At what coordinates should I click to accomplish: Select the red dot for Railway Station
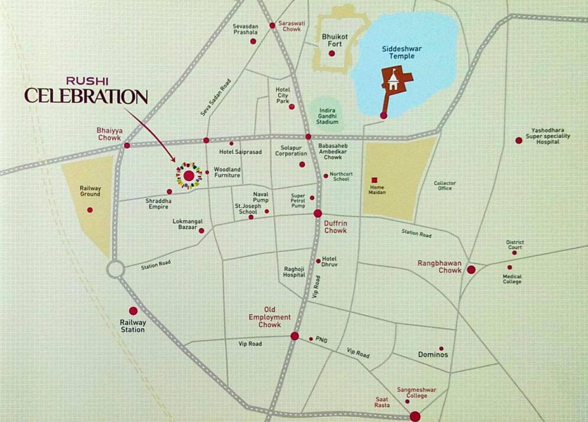133,311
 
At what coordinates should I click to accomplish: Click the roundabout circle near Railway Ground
116,269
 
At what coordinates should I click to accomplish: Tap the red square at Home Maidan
374,180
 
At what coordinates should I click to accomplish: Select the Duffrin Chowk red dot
317,213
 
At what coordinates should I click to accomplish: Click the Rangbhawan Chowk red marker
471,269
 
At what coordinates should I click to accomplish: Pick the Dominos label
433,354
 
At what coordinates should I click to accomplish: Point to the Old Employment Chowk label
270,317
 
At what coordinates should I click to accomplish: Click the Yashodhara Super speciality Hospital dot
518,140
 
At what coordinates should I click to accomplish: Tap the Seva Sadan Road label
215,97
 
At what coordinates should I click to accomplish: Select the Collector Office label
445,186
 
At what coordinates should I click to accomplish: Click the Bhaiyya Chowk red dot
127,146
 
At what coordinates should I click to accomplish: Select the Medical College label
512,279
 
